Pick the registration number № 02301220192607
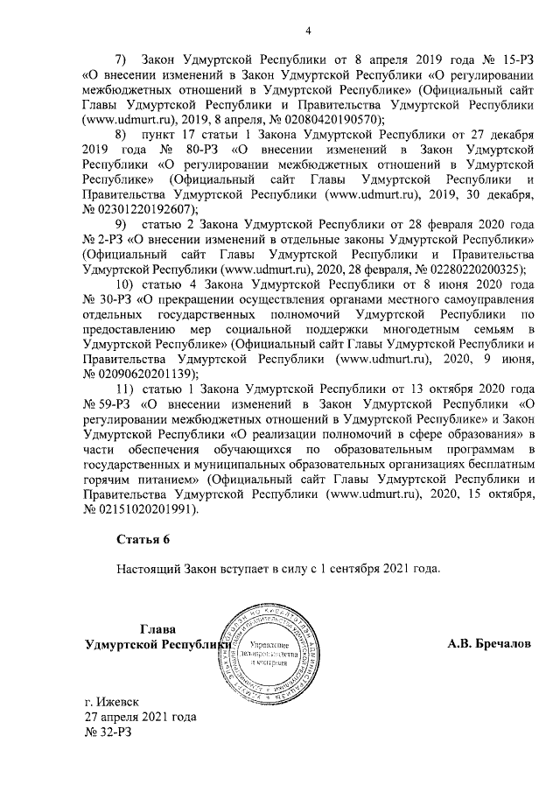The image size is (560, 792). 140,208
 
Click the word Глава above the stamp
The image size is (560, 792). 155,628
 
